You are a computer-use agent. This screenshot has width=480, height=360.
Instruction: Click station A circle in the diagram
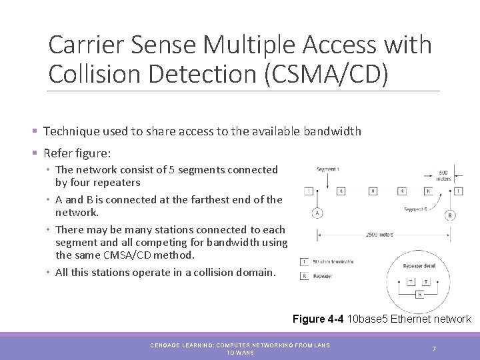[317, 213]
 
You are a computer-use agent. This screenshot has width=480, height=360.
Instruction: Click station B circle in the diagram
[450, 215]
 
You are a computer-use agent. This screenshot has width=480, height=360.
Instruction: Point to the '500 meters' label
[444, 175]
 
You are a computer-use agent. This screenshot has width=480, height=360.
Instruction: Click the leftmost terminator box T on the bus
[308, 191]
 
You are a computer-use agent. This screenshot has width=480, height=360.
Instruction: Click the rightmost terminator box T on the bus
[458, 191]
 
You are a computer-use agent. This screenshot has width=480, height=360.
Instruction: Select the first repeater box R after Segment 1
[341, 191]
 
